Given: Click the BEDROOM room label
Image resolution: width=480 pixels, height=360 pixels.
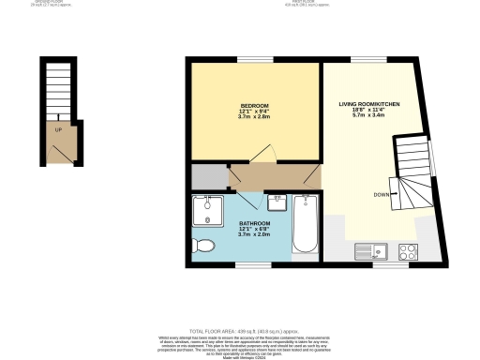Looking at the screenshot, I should (x=255, y=105).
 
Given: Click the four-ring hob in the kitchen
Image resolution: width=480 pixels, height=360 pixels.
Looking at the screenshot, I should (x=409, y=250).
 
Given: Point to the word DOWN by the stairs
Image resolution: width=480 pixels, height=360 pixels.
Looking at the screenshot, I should (x=382, y=194).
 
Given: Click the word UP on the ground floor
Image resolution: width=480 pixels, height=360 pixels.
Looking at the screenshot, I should (x=58, y=129).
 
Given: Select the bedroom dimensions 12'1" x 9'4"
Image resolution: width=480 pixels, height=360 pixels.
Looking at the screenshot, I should (x=255, y=112).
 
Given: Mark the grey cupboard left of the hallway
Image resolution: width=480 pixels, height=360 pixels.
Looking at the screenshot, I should (x=209, y=175).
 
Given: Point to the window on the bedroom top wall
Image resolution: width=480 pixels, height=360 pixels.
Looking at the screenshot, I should (x=250, y=60).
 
